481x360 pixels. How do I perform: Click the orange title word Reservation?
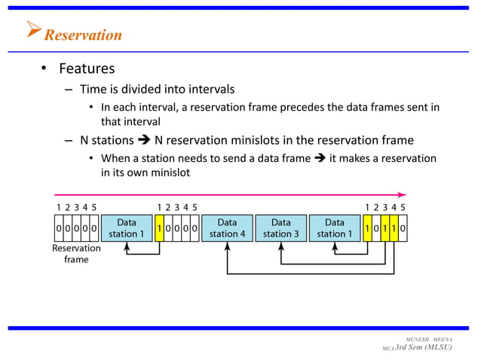pyautogui.click(x=83, y=35)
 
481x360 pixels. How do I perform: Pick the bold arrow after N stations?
pyautogui.click(x=143, y=140)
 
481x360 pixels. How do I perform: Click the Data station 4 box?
pyautogui.click(x=227, y=228)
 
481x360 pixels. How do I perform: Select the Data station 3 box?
pyautogui.click(x=281, y=228)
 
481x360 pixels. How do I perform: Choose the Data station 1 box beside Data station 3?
pyautogui.click(x=335, y=228)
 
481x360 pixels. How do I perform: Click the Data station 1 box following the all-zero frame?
pyautogui.click(x=127, y=228)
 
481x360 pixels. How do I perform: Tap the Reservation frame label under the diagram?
pyautogui.click(x=75, y=254)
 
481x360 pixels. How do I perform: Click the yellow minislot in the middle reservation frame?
pyautogui.click(x=159, y=228)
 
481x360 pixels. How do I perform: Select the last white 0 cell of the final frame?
pyautogui.click(x=403, y=228)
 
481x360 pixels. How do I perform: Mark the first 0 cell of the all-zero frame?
pyautogui.click(x=58, y=228)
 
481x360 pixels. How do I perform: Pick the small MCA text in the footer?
pyautogui.click(x=388, y=349)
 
